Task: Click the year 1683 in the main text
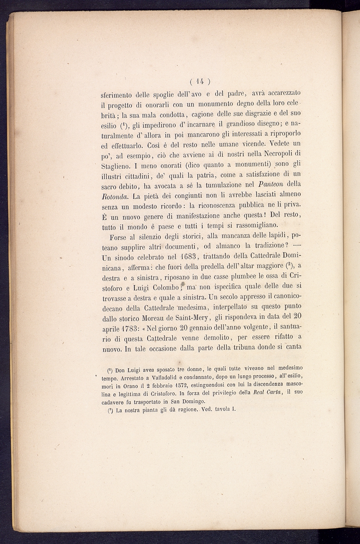[x=187, y=257]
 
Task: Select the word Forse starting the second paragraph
[x=121, y=237]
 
